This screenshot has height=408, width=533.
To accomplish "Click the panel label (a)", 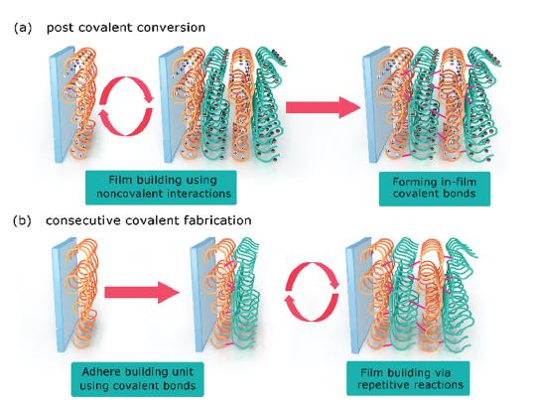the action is [x=23, y=28].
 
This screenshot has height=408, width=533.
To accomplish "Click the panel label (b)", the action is [x=23, y=220].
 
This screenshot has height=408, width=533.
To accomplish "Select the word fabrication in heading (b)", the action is [x=218, y=220].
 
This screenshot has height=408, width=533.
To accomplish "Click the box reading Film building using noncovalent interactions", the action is [x=161, y=188].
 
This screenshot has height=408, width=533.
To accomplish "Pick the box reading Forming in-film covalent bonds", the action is [x=435, y=189].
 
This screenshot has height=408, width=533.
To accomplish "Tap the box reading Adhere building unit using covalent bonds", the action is [x=137, y=379].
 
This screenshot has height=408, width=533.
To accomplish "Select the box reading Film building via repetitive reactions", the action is [x=408, y=378].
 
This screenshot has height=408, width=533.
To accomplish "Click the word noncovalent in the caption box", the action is [x=131, y=194].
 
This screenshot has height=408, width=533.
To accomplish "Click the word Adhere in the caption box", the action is [x=99, y=371].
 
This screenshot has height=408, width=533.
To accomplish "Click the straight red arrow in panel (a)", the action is [x=323, y=107].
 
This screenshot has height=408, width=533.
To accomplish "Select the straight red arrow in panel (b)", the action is [x=142, y=293].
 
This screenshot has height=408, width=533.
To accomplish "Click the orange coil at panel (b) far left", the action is [x=84, y=294].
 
